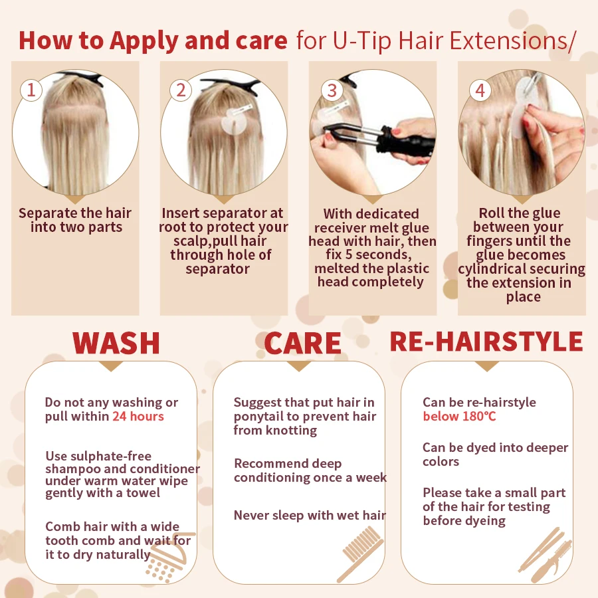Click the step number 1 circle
(30, 90)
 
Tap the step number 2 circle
(181, 90)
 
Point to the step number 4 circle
(480, 90)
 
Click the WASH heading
(116, 343)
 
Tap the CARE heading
(302, 344)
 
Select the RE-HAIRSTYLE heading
(486, 342)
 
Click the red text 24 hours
(138, 417)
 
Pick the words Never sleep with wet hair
(310, 515)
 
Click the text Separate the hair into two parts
(75, 220)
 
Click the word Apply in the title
(145, 41)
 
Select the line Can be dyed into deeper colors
(495, 454)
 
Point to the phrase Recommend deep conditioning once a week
(310, 470)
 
